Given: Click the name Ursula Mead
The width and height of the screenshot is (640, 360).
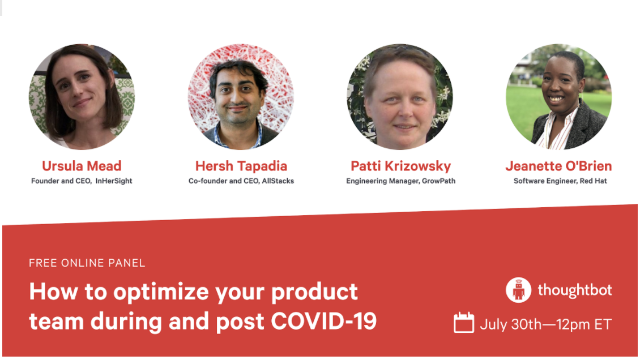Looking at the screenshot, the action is [x=82, y=166].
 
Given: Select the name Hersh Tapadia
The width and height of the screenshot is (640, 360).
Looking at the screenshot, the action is [x=241, y=166].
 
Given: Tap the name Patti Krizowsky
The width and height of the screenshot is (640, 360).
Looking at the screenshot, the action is [x=401, y=166].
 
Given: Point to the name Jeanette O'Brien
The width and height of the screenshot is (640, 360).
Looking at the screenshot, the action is [x=559, y=166].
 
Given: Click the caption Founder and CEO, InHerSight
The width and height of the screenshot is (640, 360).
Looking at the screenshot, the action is [x=82, y=181].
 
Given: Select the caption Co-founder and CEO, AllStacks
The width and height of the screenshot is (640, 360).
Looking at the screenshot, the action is [x=241, y=181].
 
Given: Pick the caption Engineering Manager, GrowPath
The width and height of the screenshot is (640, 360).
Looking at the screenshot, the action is [x=401, y=181].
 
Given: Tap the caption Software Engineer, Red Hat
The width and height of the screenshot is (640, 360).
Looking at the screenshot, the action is [x=560, y=181].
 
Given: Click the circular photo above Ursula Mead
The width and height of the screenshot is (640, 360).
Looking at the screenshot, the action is [x=82, y=97].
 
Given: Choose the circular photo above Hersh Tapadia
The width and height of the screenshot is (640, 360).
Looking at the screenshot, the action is [x=241, y=97].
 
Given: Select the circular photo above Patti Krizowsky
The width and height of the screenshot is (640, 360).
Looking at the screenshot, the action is [x=400, y=97].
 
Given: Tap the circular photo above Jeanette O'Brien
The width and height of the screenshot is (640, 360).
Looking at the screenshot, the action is [x=559, y=97].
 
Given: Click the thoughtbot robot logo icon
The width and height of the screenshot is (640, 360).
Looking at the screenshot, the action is [x=518, y=290].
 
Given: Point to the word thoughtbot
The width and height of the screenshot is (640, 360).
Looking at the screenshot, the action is [x=575, y=290].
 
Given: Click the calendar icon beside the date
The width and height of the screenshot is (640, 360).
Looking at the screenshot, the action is [x=464, y=323].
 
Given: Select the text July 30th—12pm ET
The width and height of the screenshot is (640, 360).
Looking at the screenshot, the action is [x=546, y=324].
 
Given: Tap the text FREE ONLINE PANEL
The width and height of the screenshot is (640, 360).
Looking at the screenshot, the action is [x=87, y=263].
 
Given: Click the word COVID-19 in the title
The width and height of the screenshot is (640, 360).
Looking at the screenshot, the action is [x=323, y=322].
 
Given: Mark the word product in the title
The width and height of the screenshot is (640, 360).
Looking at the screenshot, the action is [x=314, y=293].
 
